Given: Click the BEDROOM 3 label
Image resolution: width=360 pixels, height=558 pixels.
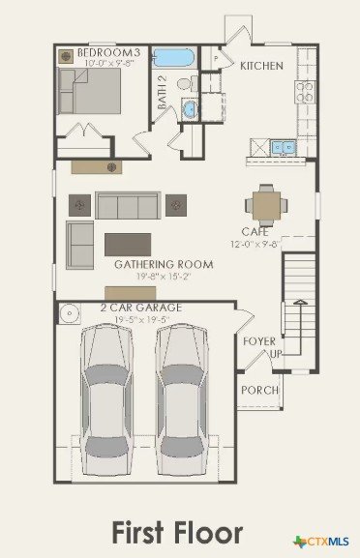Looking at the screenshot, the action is tap(109, 52).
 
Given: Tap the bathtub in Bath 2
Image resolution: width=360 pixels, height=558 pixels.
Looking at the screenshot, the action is tap(173, 57).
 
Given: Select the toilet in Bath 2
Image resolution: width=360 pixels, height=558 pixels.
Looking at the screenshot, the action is tap(188, 84).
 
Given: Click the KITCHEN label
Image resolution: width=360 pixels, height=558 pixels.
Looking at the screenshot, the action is tap(261, 66).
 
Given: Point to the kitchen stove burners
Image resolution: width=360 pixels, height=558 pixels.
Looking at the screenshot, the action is tap(305, 92).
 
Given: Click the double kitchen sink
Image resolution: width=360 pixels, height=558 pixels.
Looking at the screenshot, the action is tap(284, 147).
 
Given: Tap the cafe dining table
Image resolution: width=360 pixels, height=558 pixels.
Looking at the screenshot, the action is tap(266, 205).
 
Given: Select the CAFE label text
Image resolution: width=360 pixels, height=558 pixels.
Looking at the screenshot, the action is tap(255, 232).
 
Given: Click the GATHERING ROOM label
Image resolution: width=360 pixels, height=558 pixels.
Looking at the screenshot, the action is tap(164, 264).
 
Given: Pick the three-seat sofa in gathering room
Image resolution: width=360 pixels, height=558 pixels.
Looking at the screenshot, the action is tap(128, 205).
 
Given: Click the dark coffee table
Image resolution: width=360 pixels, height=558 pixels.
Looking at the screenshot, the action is tap(128, 245).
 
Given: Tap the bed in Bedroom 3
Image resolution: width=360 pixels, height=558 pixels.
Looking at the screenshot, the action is tap(89, 91).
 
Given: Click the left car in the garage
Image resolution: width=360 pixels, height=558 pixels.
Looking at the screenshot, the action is tap(106, 399).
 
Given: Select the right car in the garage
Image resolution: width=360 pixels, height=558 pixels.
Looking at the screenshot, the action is tap(182, 399).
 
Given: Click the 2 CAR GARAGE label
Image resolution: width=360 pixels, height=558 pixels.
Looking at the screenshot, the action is tap(141, 308).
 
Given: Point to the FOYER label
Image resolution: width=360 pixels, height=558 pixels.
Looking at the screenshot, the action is tap(259, 341).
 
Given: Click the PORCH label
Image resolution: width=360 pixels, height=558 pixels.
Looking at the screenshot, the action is tap(260, 390).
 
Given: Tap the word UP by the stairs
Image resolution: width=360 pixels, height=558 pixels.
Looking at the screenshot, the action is tap(276, 354).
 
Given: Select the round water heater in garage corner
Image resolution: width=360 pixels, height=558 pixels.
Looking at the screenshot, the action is tap(70, 313).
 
